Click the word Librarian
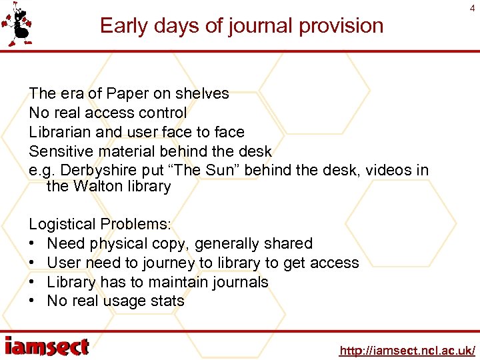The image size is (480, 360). pos(60,132)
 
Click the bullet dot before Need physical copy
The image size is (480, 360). pos(33,244)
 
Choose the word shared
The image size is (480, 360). pos(287,244)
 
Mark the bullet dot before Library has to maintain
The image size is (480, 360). pos(33,283)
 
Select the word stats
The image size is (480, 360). pos(167,301)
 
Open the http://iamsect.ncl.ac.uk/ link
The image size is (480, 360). pos(407,350)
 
